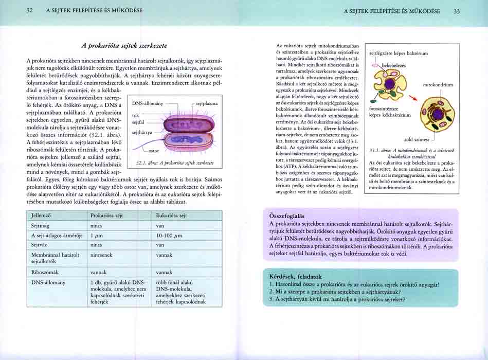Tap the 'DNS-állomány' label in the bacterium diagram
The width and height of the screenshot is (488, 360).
point(148,103)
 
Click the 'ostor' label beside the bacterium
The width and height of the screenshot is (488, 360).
point(153,151)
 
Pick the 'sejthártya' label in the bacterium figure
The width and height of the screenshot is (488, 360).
point(142,132)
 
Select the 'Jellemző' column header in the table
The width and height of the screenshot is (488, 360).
point(42,215)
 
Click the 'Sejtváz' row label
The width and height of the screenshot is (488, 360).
point(39,245)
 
